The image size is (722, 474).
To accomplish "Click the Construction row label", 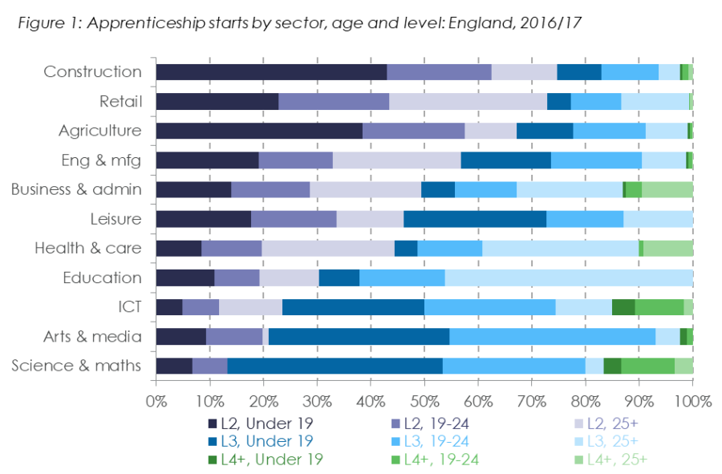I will (x=92, y=71).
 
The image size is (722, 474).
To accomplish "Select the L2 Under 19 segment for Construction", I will (x=270, y=71).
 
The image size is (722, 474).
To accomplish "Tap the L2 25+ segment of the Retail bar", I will (x=468, y=101).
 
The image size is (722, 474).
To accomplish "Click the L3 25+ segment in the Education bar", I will (x=568, y=278).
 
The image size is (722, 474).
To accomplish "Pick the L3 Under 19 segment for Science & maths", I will (x=335, y=366).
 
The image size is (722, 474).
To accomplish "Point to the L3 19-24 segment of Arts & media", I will (x=552, y=337).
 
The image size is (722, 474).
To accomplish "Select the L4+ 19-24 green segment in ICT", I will (x=659, y=307).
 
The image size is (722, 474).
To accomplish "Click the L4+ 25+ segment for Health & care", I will (x=667, y=249).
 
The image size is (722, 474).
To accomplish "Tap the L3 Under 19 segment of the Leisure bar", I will (x=474, y=219).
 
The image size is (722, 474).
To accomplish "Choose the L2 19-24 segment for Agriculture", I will (x=413, y=131).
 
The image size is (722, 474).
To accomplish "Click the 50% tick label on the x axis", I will (x=424, y=399).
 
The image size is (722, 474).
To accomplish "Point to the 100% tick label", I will (x=692, y=399).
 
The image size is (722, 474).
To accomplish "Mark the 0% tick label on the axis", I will (x=156, y=399).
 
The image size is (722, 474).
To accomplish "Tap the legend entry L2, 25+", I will (x=610, y=423).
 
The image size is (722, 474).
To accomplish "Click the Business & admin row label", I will (x=76, y=189).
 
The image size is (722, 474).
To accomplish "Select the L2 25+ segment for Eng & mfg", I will (x=396, y=160).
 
